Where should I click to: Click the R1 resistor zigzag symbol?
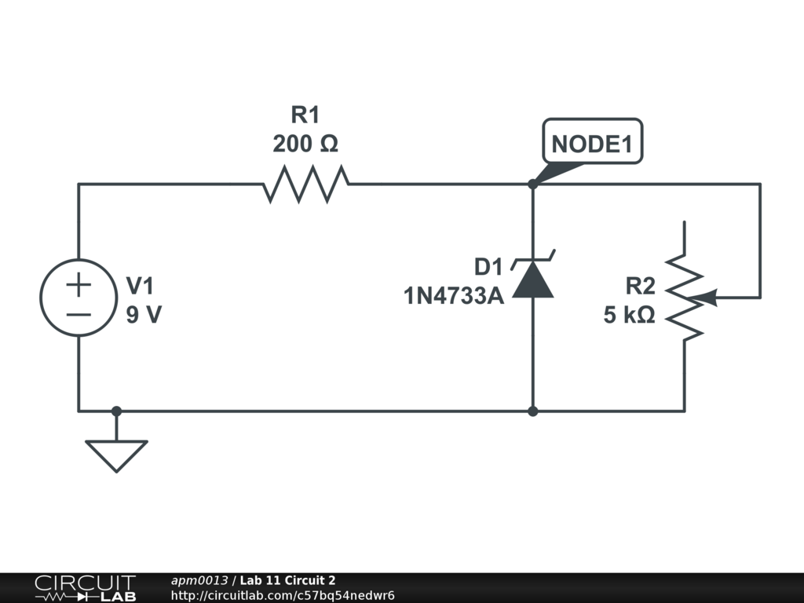(305, 185)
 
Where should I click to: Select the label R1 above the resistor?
(305, 115)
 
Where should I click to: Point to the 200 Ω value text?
(305, 144)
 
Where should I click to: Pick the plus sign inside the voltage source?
(79, 284)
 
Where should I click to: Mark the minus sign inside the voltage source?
(79, 314)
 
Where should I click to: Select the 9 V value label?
(144, 315)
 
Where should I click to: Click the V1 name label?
(144, 285)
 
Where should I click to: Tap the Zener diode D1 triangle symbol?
(533, 280)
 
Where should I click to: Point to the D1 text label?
(487, 267)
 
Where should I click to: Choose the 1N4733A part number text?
(453, 296)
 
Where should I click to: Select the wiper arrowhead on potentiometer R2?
(707, 298)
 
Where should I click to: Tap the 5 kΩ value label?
(629, 315)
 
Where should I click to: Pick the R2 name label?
(640, 285)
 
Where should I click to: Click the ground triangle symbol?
(116, 455)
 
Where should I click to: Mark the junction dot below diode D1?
(533, 411)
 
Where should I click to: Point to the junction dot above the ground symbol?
(116, 411)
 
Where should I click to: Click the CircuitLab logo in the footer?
(85, 588)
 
